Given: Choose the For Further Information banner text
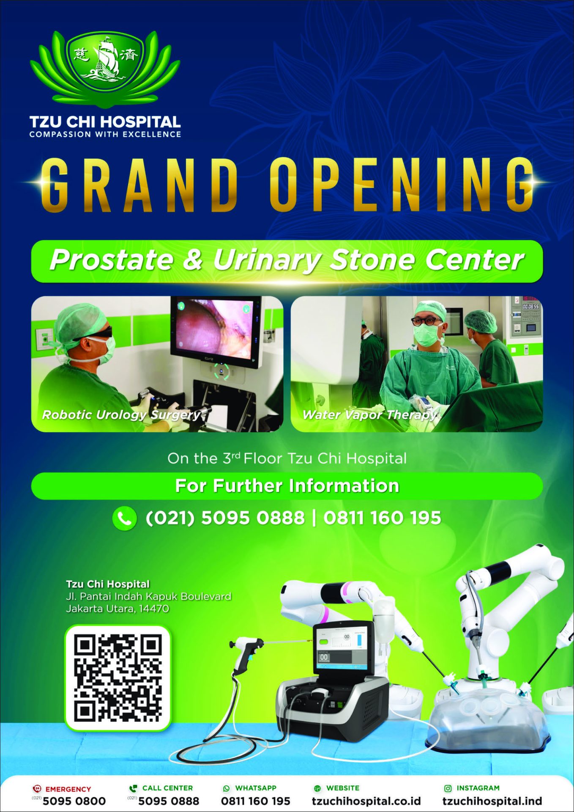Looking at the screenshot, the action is pyautogui.click(x=287, y=486).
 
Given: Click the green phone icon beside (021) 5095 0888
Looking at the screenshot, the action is pyautogui.click(x=124, y=518).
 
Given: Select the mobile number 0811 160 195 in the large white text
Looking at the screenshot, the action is pyautogui.click(x=382, y=518).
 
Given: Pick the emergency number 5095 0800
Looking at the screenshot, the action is pyautogui.click(x=74, y=801).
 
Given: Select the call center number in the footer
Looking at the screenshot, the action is pyautogui.click(x=169, y=801).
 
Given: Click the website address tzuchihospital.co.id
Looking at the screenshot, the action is pyautogui.click(x=366, y=801).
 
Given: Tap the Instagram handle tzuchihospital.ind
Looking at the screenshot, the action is pyautogui.click(x=492, y=801).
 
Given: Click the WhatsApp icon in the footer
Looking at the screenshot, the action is pyautogui.click(x=227, y=788).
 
